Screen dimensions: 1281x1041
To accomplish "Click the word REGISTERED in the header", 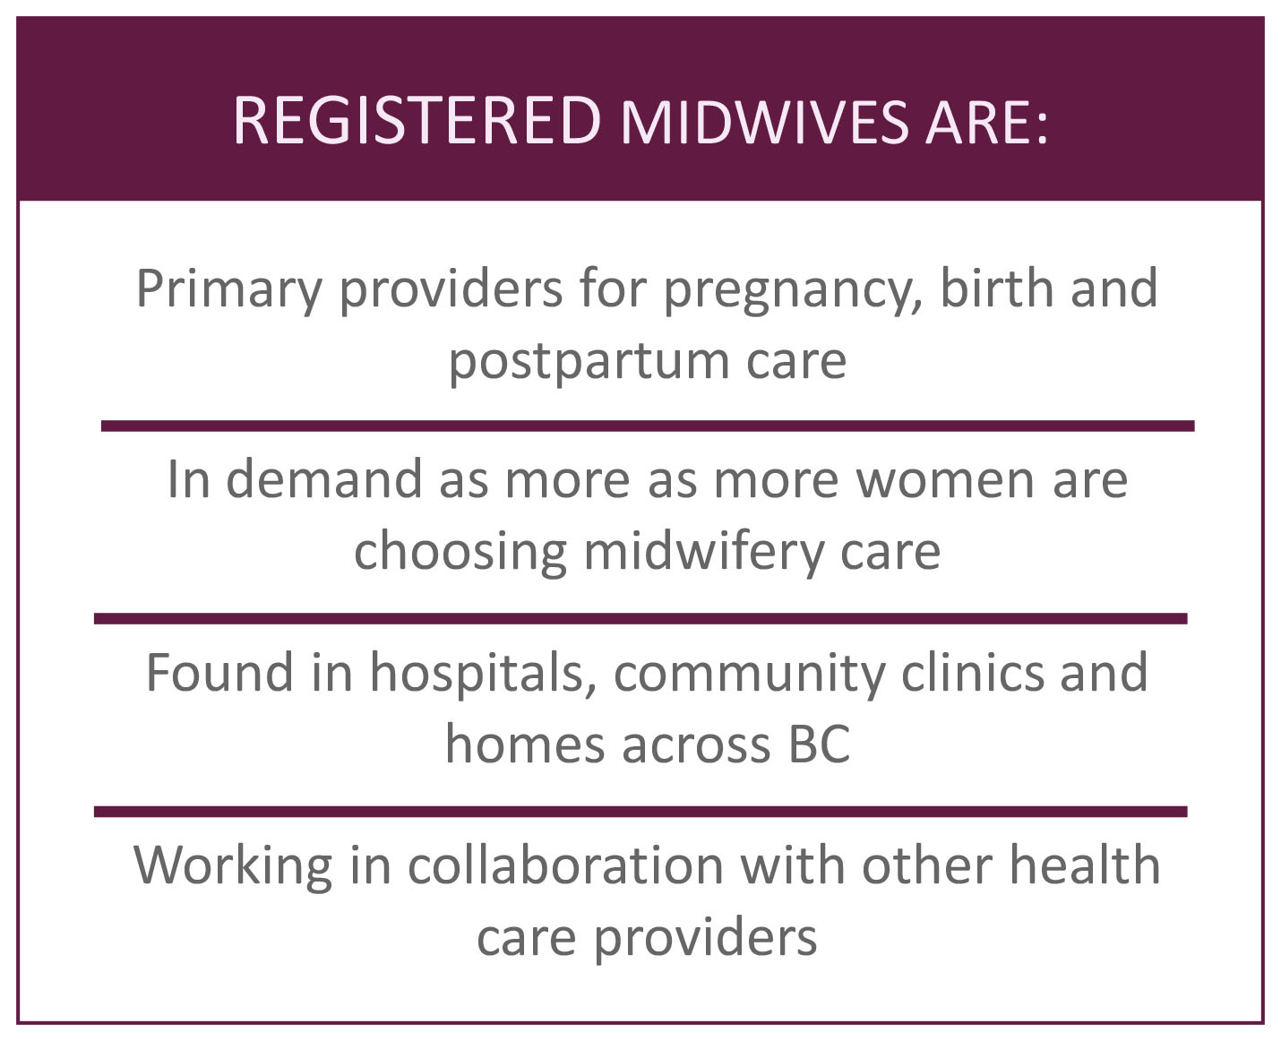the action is (x=417, y=121).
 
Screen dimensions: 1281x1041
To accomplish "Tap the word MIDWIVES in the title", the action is (x=764, y=123).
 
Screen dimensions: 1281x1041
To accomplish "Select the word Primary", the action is (x=229, y=290).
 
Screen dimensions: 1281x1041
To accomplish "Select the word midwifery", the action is (x=703, y=552).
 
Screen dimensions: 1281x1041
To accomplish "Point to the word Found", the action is (x=219, y=673).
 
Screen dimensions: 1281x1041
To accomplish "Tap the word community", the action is (x=749, y=675).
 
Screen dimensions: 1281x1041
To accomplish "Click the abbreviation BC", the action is (x=819, y=744).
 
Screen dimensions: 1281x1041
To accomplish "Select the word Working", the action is (x=233, y=867).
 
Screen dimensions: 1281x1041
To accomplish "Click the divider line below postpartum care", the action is (x=648, y=426).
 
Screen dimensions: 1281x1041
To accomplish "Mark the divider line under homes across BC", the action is (x=640, y=812).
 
